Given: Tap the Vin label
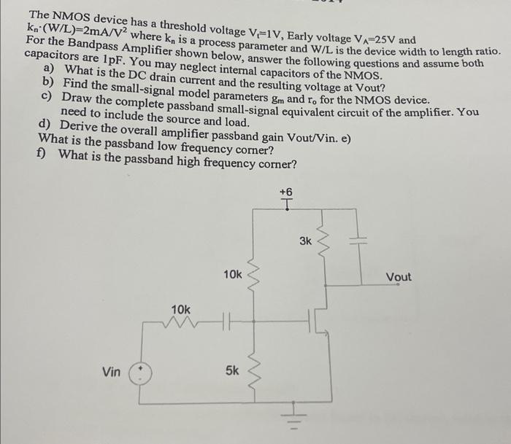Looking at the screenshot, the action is pos(112,372).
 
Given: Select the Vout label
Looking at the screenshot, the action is pos(399,277).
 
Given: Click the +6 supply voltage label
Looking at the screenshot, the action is pos(285,192).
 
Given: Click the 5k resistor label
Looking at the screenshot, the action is pos(231,370).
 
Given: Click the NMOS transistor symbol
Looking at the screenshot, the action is pos(319,319).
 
